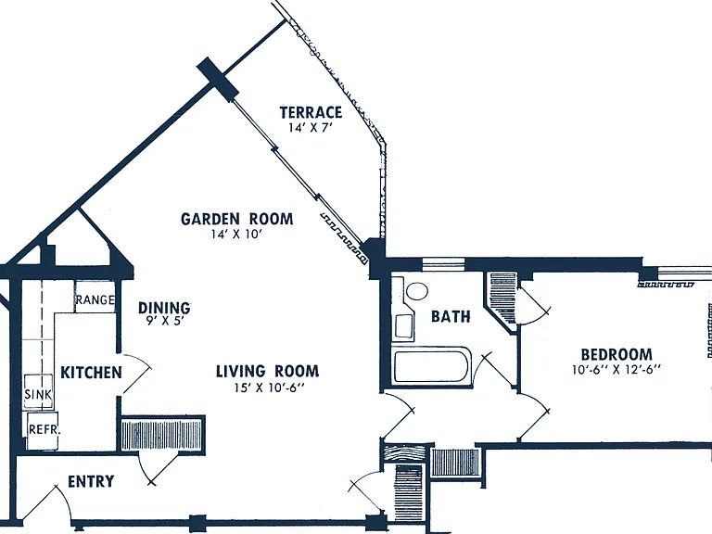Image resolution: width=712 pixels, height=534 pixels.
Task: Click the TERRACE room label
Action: [311, 111]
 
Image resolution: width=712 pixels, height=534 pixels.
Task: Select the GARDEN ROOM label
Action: [237, 219]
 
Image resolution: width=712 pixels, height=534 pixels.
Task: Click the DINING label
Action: [164, 308]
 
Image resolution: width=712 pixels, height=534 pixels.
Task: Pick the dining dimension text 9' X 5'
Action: [164, 321]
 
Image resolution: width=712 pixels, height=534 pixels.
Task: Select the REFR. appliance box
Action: [44, 430]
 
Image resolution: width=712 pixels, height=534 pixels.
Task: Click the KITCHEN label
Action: [91, 373]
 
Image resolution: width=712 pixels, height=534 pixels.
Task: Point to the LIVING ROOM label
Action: [267, 371]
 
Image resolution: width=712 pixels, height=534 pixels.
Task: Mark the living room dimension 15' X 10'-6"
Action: [269, 388]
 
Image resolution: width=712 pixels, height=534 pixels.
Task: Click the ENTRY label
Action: [91, 481]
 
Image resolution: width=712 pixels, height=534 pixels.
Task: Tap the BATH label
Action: [451, 316]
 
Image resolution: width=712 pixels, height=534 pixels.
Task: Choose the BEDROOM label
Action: [617, 354]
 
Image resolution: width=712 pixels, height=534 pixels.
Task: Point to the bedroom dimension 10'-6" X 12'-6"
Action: [617, 370]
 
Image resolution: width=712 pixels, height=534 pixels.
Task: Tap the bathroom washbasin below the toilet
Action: [403, 325]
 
